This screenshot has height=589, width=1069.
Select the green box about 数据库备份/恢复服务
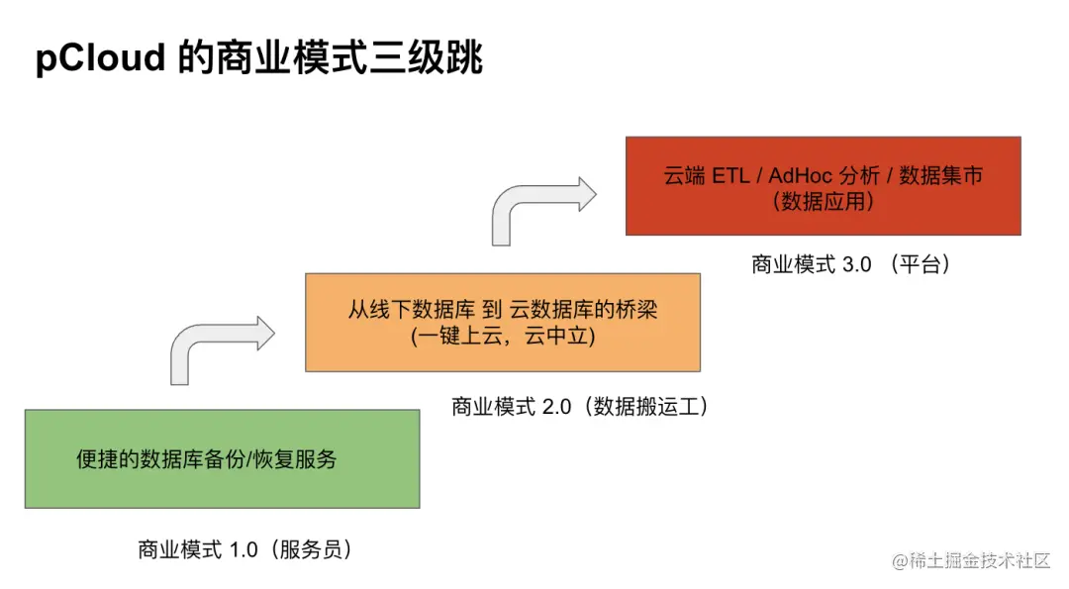(x=222, y=458)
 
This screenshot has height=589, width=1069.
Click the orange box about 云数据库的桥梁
(x=502, y=322)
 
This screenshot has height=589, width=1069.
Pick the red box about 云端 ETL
(x=823, y=186)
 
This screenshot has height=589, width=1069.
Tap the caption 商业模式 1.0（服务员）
(x=245, y=549)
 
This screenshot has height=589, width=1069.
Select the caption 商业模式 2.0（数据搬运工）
(x=581, y=407)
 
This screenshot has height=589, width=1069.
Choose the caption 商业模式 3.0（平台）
(x=851, y=264)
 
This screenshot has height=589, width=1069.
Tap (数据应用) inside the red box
(x=823, y=202)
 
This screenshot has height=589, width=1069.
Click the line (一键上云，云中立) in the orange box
(x=502, y=337)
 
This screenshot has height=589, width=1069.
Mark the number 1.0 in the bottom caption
(x=243, y=549)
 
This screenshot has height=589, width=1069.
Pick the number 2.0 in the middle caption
(x=557, y=407)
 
